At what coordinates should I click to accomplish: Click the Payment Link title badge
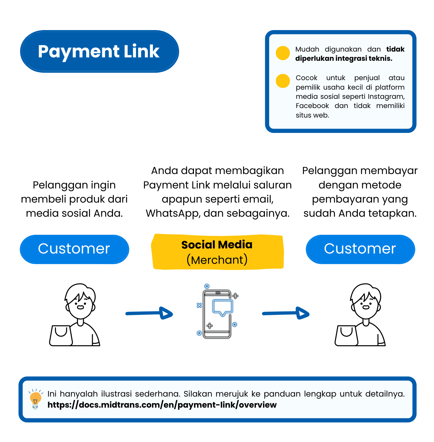point(99,51)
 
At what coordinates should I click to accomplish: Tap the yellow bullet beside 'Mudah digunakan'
point(283,53)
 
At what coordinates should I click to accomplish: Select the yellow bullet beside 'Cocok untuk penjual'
point(283,81)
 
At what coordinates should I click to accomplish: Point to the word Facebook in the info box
point(312,106)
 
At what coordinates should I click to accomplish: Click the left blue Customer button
point(74,249)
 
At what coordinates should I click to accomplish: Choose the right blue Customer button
point(360,249)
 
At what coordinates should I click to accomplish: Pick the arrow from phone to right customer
point(286,313)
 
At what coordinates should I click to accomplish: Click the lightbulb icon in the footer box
point(35,399)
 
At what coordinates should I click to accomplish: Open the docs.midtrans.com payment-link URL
point(162,405)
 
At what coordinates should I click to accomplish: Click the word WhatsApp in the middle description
point(172,213)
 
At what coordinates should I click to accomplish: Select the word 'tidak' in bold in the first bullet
point(395,49)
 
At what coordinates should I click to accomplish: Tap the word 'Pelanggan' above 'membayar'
point(326,171)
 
